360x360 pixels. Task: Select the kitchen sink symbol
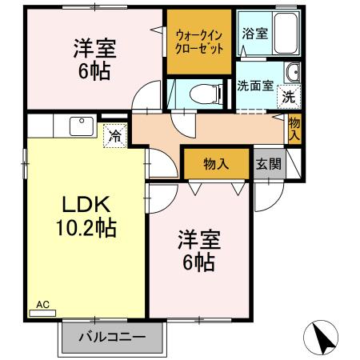[x=81, y=126]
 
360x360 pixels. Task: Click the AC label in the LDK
[x=43, y=305]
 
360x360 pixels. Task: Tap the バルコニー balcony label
[x=111, y=337]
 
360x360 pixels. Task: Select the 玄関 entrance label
[x=268, y=163]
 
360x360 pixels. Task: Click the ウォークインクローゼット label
[x=199, y=41]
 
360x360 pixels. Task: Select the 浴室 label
[x=254, y=34]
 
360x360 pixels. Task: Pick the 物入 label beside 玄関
[x=216, y=164]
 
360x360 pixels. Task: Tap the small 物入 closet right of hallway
[x=294, y=128]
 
